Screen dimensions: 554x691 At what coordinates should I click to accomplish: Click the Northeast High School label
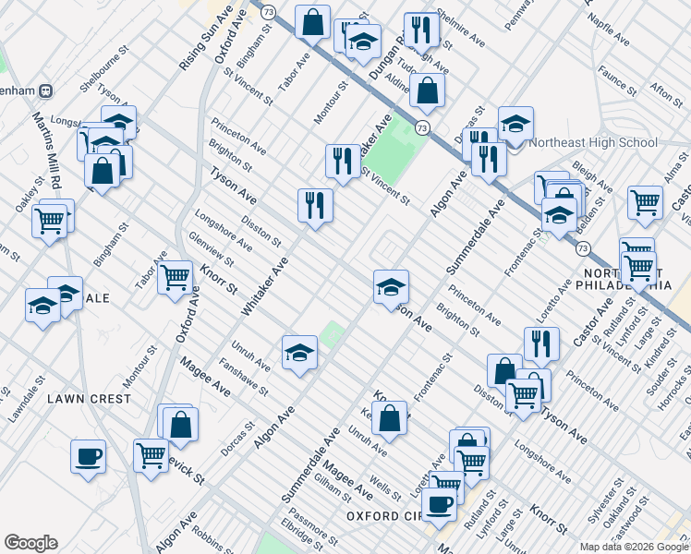tap(592, 142)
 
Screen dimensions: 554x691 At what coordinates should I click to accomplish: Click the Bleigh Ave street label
tap(592, 175)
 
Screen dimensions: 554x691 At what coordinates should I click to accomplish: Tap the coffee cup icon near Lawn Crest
tap(89, 456)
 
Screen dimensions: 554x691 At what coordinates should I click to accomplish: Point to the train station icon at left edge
tap(44, 90)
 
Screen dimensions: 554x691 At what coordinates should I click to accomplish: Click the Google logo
tap(30, 543)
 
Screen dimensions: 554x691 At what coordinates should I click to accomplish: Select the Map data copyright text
tap(634, 547)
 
